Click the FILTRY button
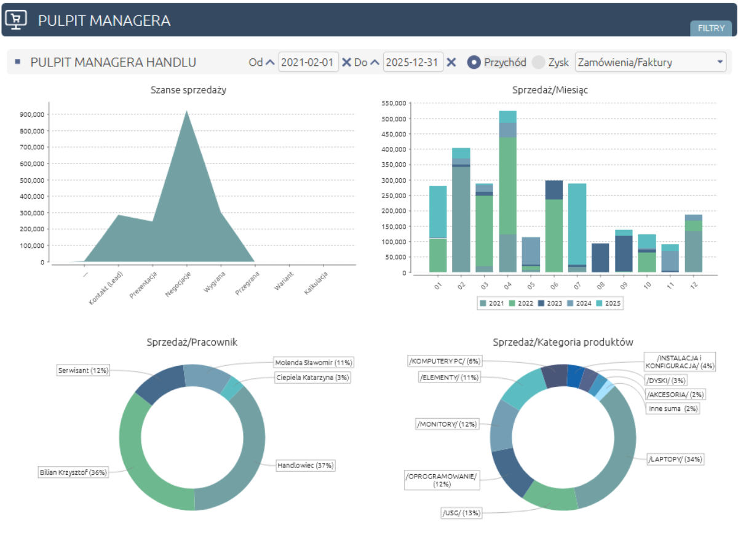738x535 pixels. (x=711, y=28)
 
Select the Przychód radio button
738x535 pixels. (x=474, y=62)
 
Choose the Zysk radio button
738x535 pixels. (x=539, y=62)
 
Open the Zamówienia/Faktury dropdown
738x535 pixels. (x=650, y=62)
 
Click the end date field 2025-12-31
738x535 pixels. (x=413, y=62)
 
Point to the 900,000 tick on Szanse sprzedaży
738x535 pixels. (x=31, y=114)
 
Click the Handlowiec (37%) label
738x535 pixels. (x=304, y=466)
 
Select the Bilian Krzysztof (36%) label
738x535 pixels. (x=73, y=472)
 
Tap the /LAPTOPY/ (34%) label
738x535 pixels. (x=675, y=459)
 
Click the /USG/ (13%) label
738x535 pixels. (x=461, y=513)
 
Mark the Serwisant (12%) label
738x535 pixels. (x=82, y=371)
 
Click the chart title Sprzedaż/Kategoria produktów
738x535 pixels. (x=563, y=342)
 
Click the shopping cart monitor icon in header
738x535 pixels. (x=17, y=20)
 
